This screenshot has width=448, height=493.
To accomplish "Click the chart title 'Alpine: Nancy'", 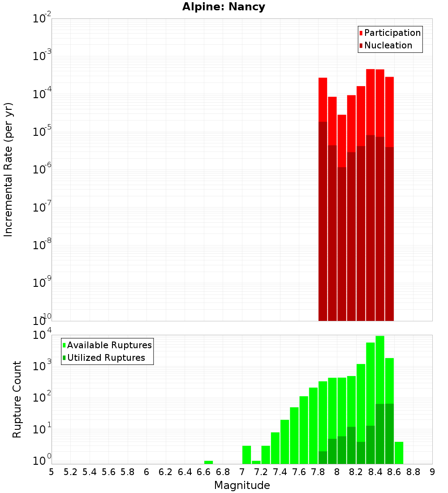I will click(224, 7).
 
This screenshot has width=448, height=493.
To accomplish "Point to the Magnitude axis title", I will click(242, 485).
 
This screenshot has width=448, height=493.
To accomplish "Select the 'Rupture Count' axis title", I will click(17, 399).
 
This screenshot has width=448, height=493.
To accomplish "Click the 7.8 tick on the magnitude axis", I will click(318, 472).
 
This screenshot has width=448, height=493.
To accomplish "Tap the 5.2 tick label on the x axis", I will click(70, 472).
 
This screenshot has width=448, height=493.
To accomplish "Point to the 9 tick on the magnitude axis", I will click(432, 472).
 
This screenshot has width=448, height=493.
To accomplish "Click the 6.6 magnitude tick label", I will click(204, 472).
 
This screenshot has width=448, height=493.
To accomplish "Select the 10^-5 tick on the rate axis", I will click(42, 132).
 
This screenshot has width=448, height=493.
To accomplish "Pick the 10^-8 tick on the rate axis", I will click(42, 245).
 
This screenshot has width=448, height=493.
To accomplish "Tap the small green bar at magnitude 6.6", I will click(208, 462).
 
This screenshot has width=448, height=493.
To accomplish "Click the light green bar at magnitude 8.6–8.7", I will click(399, 453).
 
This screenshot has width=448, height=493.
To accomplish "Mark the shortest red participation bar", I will click(342, 139).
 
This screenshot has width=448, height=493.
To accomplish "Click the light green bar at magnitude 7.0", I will click(246, 454).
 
